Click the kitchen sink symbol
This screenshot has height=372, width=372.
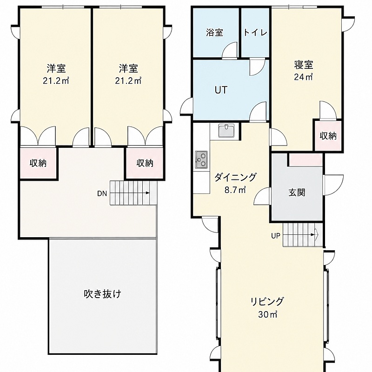pos(226,130)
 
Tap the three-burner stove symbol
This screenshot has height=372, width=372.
pos(201,159)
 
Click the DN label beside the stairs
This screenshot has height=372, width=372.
pos(102,193)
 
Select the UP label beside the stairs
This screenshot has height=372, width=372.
pos(276,236)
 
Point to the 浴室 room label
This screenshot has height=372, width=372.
pos(214,33)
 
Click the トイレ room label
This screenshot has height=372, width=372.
pos(255,33)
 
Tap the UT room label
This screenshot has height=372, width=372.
pos(221,90)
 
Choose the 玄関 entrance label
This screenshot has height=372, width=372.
pos(297,193)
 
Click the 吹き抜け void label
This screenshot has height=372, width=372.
pos(102,294)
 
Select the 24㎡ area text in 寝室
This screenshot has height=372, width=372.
pos(304,77)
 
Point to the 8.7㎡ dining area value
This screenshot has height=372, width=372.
pos(235,190)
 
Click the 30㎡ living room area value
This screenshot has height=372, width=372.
pos(268,314)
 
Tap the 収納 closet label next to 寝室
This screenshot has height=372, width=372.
pos(328,136)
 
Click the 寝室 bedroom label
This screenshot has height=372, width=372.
pos(304,65)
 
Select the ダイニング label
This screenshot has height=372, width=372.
pos(235,177)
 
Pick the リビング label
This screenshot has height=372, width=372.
pos(267,301)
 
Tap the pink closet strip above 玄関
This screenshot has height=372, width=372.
pos(306,159)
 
